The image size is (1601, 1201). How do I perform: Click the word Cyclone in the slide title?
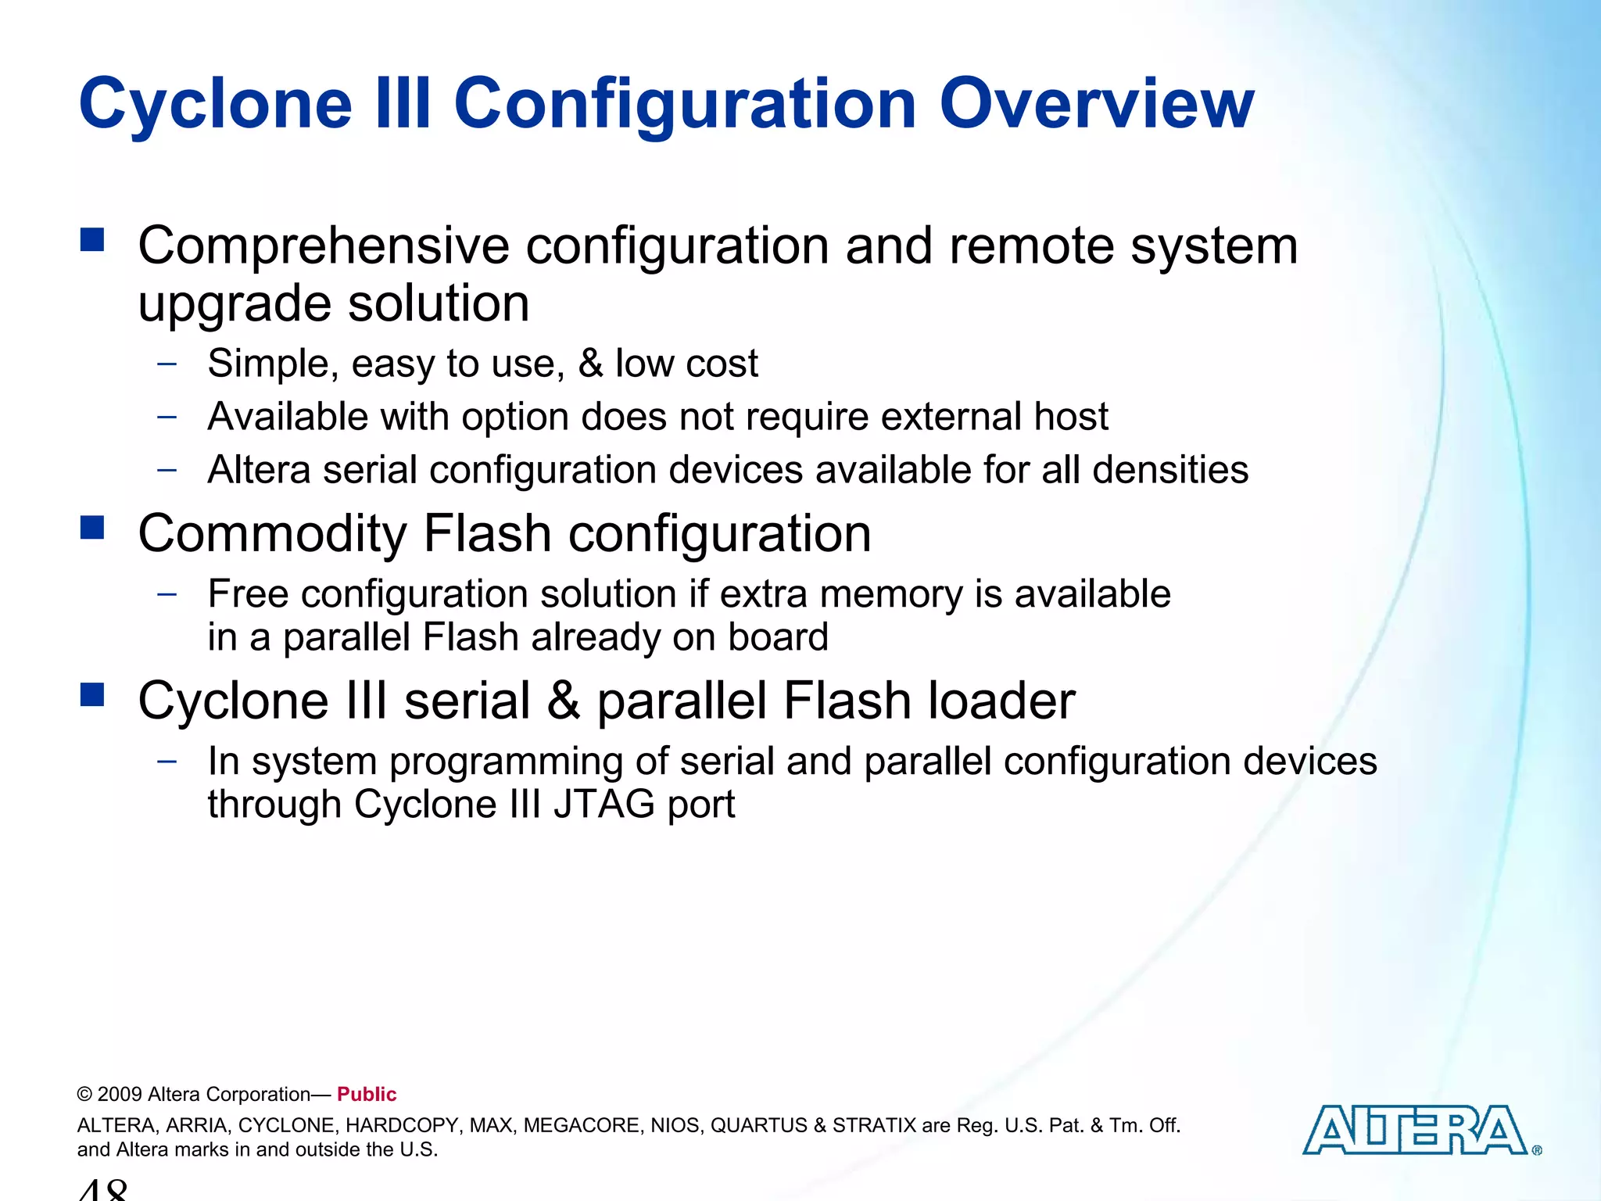point(216,105)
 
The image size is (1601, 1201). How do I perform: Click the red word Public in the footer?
point(367,1094)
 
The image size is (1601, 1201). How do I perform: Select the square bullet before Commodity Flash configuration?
point(92,528)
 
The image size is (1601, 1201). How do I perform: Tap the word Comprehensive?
point(324,247)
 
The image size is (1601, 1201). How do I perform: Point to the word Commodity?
point(272,534)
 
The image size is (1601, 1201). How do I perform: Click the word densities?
point(1170,470)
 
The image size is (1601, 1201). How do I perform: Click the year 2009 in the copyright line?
point(120,1095)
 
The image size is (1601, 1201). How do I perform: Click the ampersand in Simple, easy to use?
point(591,364)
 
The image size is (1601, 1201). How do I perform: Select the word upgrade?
point(235,305)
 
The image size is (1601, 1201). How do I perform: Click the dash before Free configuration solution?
point(167,593)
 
